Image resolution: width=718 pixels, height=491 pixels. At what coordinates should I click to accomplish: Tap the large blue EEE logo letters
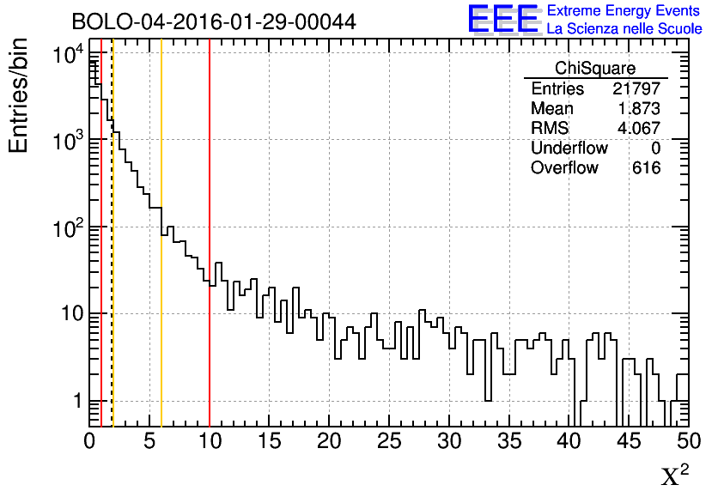click(x=503, y=19)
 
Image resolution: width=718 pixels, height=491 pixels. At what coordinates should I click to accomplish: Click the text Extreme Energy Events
click(x=624, y=11)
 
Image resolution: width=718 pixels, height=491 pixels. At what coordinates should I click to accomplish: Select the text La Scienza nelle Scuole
click(x=624, y=28)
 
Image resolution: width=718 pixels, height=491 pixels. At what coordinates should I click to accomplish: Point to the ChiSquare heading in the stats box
click(x=595, y=69)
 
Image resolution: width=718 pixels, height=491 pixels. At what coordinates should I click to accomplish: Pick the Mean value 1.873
click(x=639, y=109)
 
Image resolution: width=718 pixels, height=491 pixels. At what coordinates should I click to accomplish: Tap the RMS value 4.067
click(x=639, y=129)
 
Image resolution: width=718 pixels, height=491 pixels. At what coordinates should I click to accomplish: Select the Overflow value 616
click(x=646, y=168)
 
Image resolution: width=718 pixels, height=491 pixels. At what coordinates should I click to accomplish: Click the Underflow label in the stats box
click(x=569, y=149)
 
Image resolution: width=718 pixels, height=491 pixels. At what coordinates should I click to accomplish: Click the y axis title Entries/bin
click(x=19, y=95)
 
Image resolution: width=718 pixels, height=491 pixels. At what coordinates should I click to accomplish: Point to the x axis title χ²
click(x=674, y=475)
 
